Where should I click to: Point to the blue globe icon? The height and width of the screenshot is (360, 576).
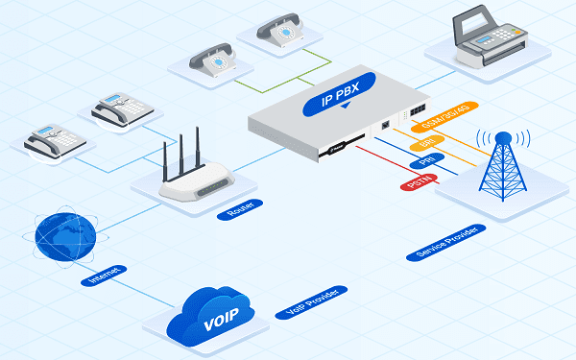[64, 232]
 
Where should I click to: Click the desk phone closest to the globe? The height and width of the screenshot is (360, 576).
[55, 142]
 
